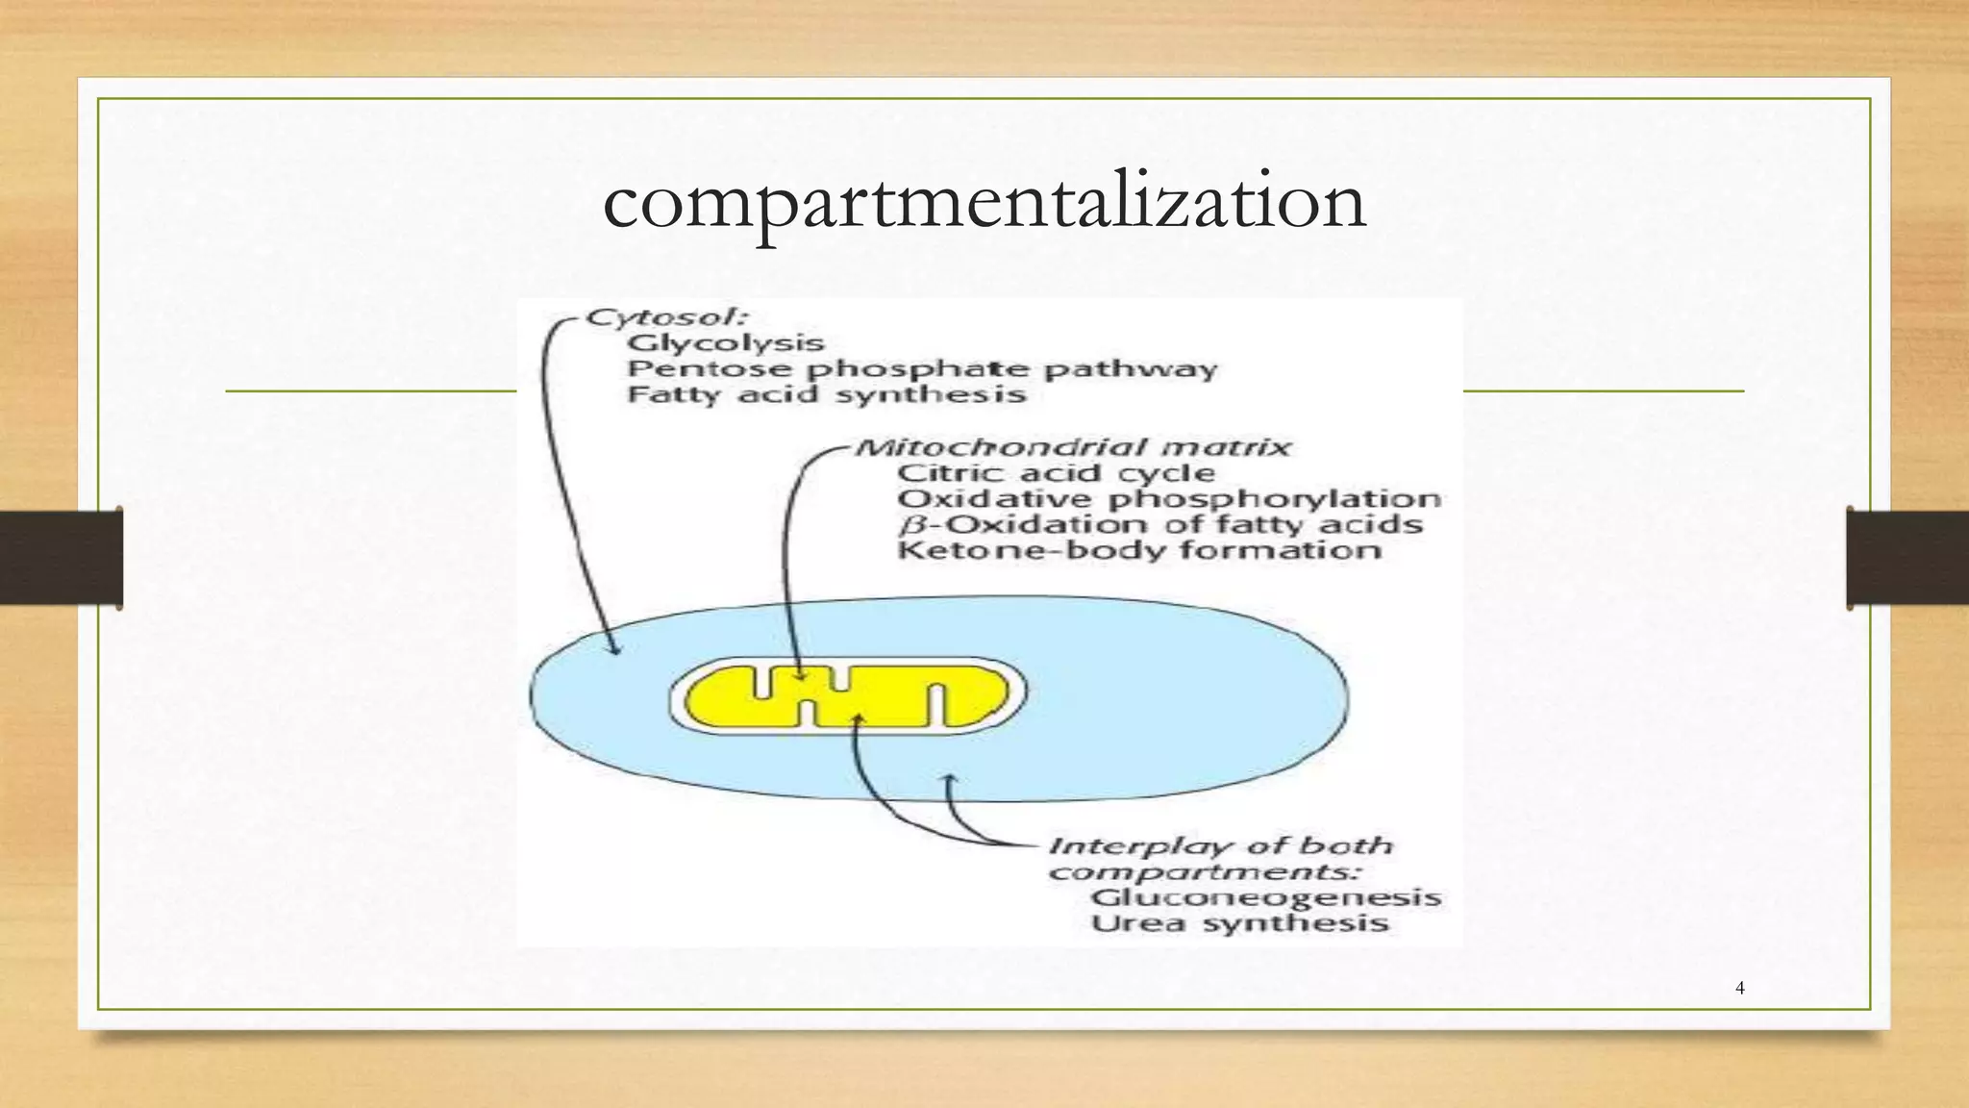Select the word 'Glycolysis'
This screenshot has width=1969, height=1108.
(726, 343)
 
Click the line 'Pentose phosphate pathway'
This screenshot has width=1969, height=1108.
(922, 369)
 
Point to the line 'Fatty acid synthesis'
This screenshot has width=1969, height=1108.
(827, 394)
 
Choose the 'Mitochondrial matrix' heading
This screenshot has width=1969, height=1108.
(1073, 447)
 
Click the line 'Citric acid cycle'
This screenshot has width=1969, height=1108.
(1056, 473)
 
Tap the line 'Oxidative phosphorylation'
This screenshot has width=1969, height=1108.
(1169, 499)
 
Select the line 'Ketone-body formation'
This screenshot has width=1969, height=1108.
(1139, 550)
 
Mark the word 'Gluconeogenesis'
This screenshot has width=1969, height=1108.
(1265, 897)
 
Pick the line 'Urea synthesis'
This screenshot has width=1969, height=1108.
(1240, 923)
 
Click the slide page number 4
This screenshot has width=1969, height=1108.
(1740, 988)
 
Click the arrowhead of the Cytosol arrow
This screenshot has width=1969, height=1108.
(615, 649)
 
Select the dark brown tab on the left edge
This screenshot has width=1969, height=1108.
(61, 558)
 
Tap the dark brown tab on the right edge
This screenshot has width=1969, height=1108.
(1907, 558)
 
